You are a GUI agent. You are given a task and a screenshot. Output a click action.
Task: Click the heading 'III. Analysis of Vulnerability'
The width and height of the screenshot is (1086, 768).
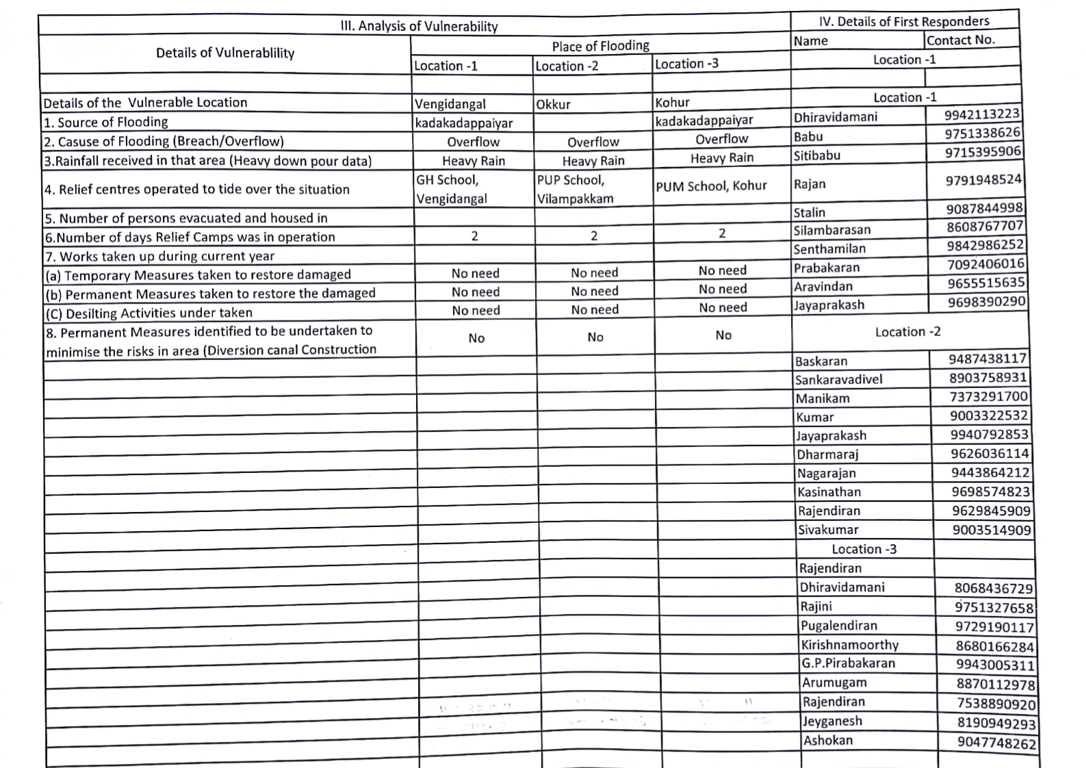coord(419,26)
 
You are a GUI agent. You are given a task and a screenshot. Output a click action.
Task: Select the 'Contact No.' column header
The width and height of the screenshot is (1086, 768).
coord(960,40)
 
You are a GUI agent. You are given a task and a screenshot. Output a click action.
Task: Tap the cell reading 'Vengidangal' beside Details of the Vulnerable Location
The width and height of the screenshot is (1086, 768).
coord(450,104)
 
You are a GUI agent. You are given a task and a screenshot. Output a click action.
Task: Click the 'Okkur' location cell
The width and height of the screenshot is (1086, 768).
coord(553,104)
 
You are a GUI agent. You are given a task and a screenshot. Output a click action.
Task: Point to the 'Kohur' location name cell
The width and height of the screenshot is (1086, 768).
coord(672,102)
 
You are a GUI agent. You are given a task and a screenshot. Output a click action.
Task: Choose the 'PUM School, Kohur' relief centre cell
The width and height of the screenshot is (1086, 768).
coord(711,185)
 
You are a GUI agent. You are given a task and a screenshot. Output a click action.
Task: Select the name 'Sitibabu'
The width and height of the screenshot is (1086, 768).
coord(816,155)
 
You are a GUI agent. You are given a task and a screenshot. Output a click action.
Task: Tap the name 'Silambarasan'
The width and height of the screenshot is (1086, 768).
coord(831,230)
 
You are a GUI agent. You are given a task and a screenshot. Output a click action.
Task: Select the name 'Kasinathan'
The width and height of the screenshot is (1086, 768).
coord(829,491)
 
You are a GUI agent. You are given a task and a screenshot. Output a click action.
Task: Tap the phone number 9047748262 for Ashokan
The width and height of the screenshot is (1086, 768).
coord(996,743)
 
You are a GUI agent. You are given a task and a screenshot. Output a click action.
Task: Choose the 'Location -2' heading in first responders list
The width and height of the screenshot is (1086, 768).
coord(907,332)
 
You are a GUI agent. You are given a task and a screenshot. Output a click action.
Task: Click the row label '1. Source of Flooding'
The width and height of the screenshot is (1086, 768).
coord(105,122)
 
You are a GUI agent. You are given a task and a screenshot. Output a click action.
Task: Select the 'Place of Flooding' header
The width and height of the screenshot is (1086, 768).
coord(600,46)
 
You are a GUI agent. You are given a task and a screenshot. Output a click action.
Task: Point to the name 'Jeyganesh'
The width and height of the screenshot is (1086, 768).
coord(832,721)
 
